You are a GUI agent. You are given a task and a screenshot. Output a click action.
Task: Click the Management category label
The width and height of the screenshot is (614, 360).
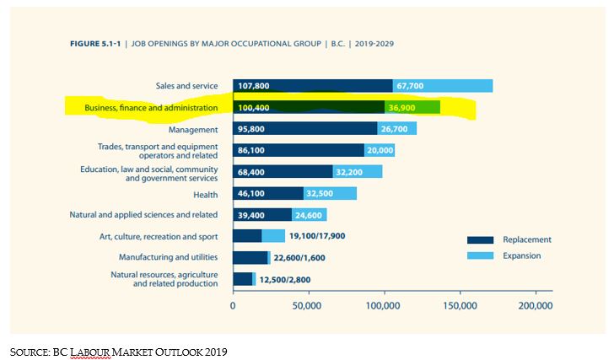coord(193,130)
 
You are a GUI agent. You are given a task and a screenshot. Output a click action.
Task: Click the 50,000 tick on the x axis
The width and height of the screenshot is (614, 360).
coord(309,306)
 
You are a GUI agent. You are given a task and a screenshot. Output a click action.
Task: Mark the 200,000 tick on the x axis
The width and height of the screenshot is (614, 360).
coord(534,306)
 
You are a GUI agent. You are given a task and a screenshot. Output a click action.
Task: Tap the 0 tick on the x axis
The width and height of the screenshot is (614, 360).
coord(233,306)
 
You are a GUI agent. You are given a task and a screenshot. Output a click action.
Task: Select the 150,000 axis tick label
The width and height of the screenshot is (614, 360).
coord(459,306)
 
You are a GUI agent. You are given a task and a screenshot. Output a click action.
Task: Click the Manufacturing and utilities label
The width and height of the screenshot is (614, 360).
coord(160,256)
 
